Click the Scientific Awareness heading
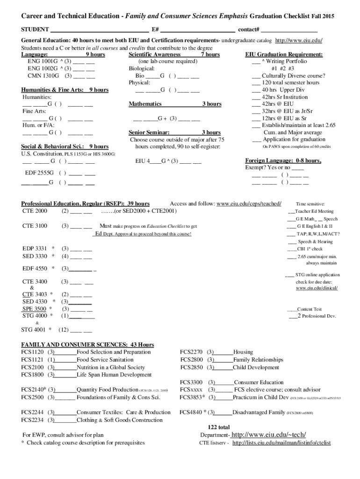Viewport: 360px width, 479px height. tap(154, 55)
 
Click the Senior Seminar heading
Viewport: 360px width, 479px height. tap(149, 132)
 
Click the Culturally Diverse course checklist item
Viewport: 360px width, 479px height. tap(293, 76)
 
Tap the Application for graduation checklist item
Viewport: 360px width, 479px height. tap(293, 139)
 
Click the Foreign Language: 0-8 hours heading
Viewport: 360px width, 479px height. tap(283, 160)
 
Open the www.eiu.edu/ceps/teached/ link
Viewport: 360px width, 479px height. tap(249, 204)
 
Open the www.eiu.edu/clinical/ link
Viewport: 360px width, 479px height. tap(317, 288)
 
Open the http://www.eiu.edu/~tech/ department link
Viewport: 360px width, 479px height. tap(264, 435)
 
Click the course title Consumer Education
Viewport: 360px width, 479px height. tap(259, 382)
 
